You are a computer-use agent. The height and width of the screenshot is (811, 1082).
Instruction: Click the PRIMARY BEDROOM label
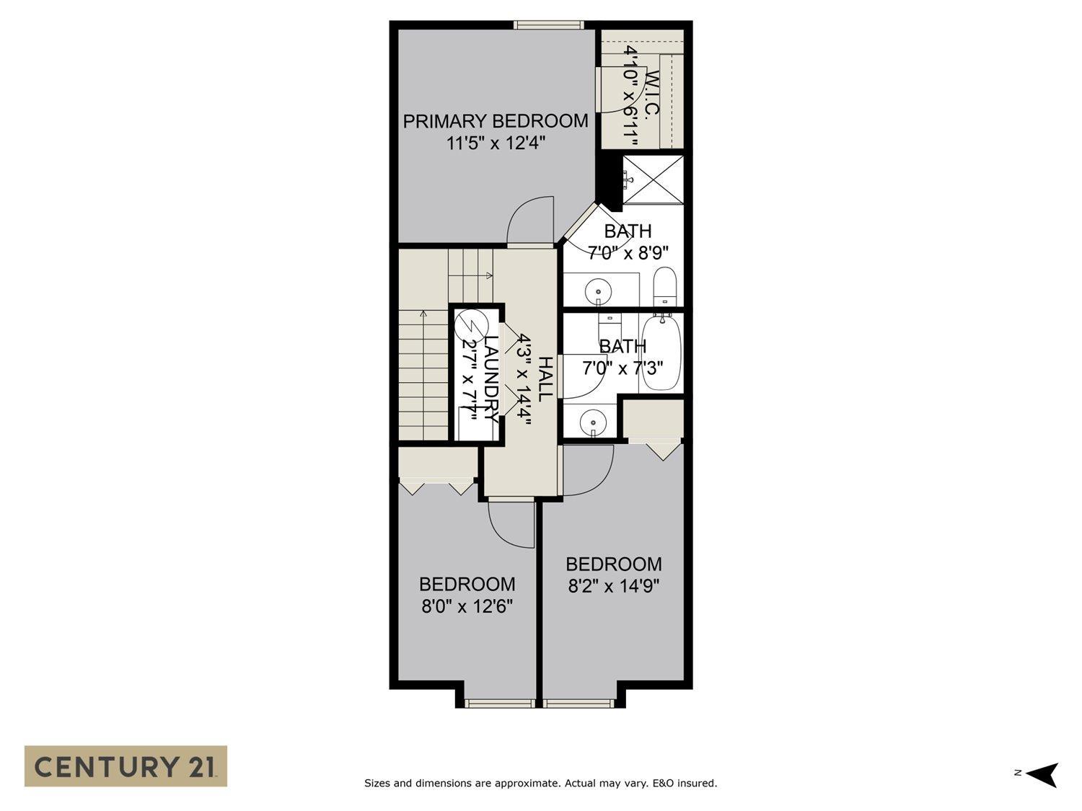coord(495,121)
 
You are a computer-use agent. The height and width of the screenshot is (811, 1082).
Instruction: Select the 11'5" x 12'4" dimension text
coord(495,143)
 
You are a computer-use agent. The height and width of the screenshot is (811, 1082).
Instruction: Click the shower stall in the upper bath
coord(652,180)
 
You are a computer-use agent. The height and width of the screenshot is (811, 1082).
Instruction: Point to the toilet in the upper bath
coord(664,287)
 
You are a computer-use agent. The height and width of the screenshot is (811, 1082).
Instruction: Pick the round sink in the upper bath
coord(598,291)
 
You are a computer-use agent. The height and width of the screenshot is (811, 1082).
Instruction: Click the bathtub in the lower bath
coord(661,351)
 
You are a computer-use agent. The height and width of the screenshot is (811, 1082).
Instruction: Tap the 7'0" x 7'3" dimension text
coord(623,368)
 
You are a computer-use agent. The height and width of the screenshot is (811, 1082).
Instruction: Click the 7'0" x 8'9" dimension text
coord(628,253)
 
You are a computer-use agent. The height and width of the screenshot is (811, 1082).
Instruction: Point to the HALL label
coord(545,378)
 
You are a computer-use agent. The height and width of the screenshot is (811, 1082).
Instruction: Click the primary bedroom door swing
coord(531,222)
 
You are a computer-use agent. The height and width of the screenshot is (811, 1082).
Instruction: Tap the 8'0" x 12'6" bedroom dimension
coord(467,606)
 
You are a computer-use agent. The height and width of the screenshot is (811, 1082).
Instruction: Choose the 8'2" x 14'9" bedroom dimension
coord(614,586)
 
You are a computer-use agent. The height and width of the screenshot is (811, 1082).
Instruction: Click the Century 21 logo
coord(126,766)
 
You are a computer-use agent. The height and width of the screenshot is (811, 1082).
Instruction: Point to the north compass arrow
coord(1042,774)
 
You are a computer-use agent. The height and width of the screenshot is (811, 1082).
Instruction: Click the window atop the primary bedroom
coord(549,25)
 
